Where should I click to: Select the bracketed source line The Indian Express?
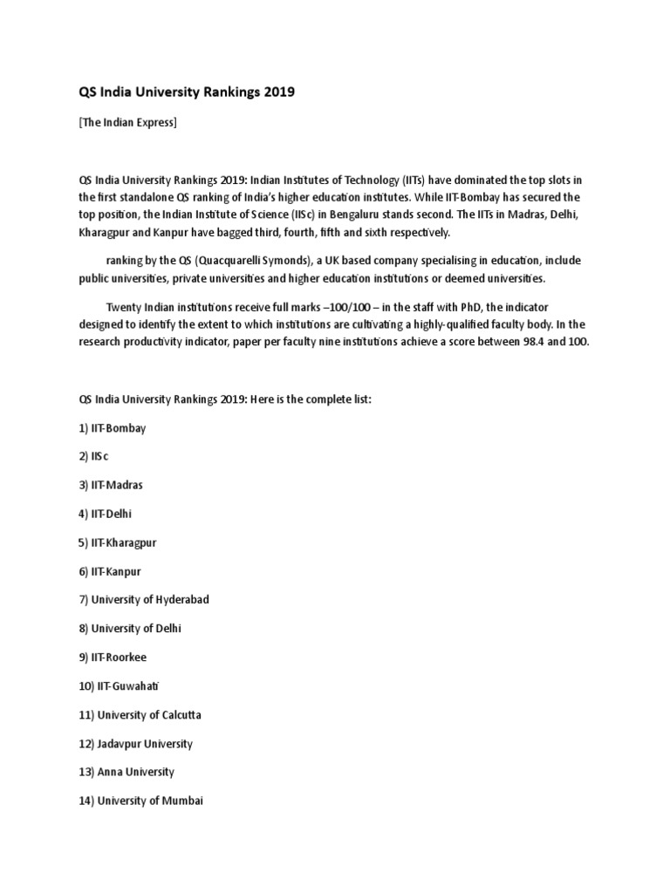pos(128,122)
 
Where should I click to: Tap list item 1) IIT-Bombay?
pos(113,428)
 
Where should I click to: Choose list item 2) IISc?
pos(94,457)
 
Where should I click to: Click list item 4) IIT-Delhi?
pos(106,514)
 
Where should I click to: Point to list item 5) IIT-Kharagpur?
pos(118,542)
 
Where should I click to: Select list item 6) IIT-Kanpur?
pos(110,571)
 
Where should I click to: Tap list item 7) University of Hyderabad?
pos(144,600)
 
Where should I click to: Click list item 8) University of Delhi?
pos(131,628)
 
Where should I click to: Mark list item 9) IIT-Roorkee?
pos(113,657)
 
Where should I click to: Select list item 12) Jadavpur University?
pos(136,743)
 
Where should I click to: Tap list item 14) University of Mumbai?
pos(141,801)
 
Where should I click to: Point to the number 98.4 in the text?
pos(541,342)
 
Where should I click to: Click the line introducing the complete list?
pos(226,399)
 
